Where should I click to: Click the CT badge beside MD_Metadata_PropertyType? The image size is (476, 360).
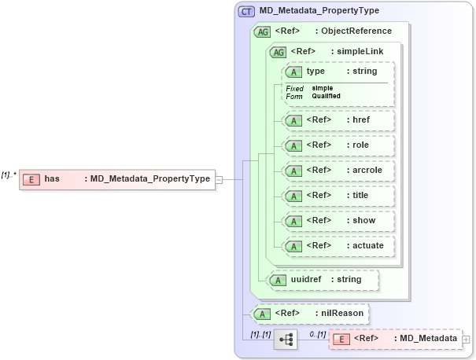coord(246,11)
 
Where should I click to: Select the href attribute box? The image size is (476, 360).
coord(338,120)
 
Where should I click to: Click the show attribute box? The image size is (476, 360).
coord(339,221)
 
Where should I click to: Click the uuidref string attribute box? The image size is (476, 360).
coord(323,280)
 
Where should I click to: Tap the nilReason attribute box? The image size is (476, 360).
coord(308,314)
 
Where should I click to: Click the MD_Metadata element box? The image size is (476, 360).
coord(395,339)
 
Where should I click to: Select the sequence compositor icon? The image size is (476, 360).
coord(286,340)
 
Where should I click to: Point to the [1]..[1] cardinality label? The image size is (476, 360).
coord(260,334)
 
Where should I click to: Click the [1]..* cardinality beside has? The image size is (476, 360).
coord(9,174)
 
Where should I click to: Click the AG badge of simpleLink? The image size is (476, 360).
coord(278,52)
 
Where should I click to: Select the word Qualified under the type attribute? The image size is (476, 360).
coord(326,96)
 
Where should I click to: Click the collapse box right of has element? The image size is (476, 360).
coord(219,179)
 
